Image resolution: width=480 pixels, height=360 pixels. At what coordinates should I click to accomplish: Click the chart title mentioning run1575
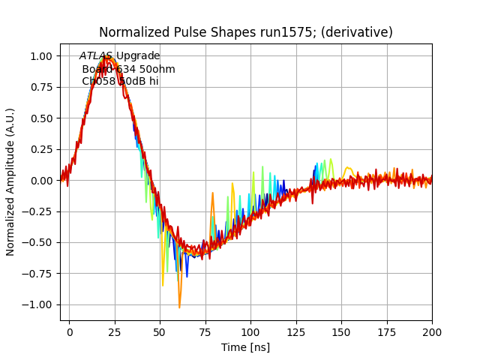(245, 32)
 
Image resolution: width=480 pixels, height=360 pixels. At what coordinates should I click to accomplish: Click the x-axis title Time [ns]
(245, 347)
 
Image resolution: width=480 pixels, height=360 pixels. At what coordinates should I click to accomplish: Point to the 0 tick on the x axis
(70, 331)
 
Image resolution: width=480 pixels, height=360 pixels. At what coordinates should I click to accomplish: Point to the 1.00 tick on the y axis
(41, 56)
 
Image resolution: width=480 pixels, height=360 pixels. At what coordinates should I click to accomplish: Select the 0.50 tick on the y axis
(41, 118)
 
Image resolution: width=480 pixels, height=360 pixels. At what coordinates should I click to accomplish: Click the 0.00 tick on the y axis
(41, 181)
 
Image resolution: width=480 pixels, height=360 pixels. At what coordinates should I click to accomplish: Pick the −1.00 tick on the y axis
(38, 304)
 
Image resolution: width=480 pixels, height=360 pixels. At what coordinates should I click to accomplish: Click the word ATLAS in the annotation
(96, 56)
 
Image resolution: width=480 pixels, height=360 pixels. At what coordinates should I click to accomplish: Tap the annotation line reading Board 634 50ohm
(128, 69)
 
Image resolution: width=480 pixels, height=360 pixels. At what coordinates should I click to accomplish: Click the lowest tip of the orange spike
(179, 307)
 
